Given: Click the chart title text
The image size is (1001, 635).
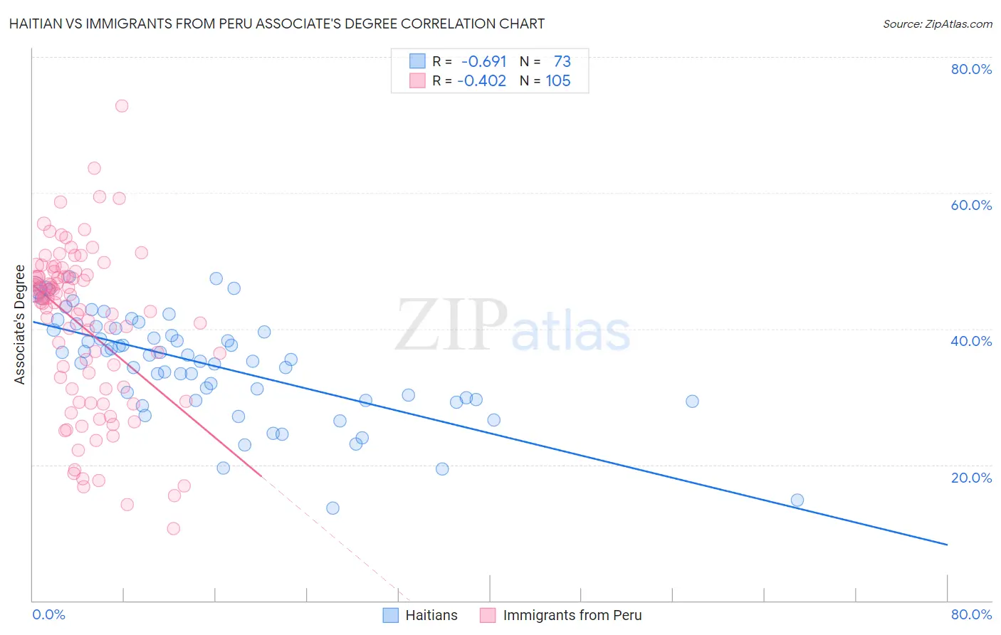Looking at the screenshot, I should [x=277, y=23].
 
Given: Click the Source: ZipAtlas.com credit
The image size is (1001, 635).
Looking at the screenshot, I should [x=937, y=23].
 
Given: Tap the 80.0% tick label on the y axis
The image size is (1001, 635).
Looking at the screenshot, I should [x=971, y=69].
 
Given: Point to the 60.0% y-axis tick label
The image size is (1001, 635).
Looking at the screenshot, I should [x=971, y=205].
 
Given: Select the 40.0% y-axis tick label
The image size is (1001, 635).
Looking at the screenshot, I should [x=971, y=341].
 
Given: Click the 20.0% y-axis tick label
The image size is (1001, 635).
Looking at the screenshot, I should [x=971, y=478].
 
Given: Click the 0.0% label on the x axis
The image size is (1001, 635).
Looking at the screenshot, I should [x=48, y=614].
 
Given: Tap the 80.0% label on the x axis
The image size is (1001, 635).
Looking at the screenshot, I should [x=971, y=614].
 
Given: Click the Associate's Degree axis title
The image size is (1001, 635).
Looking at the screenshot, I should [x=20, y=325].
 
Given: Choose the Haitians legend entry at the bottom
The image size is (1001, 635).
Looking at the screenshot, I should [x=431, y=615].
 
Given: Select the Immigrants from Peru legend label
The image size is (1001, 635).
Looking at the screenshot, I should [x=572, y=615].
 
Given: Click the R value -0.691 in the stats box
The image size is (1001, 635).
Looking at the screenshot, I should [x=483, y=62].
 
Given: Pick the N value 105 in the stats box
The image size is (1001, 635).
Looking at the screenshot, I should [x=558, y=81].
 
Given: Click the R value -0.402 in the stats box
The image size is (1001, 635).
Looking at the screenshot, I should [x=481, y=81].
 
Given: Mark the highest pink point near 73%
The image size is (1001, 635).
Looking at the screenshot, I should [x=122, y=106].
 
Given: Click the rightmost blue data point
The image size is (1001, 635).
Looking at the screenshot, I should [x=797, y=500].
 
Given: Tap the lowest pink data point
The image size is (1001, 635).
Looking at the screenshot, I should [x=173, y=528].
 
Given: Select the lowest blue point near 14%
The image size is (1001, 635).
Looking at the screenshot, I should [x=332, y=508].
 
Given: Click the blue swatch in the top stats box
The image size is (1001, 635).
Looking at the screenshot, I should [x=417, y=62].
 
